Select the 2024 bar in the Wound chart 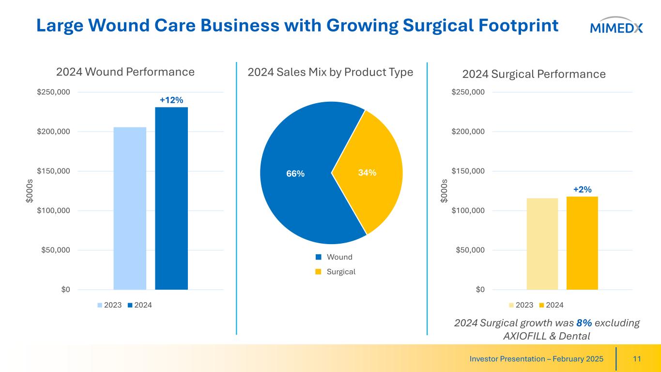[x=171, y=198]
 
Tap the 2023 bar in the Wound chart [x=130, y=208]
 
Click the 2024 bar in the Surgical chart [x=582, y=243]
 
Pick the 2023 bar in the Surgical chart [x=542, y=244]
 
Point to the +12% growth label [x=171, y=100]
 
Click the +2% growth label [x=582, y=189]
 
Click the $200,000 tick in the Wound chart [x=53, y=131]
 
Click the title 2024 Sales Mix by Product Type [x=330, y=73]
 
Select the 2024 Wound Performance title [x=125, y=72]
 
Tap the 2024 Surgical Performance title [x=534, y=74]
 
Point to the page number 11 [x=637, y=359]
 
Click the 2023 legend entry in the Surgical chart [x=521, y=305]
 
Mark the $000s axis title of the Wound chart [x=30, y=191]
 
